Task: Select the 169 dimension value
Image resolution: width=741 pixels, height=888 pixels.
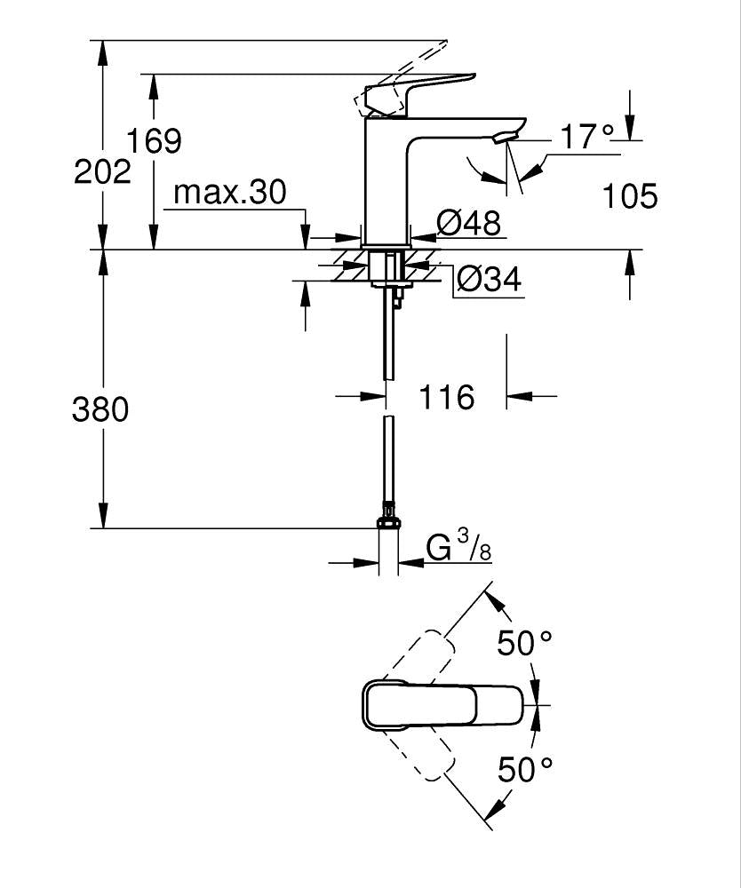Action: click(152, 140)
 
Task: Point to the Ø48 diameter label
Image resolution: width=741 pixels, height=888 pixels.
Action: click(470, 222)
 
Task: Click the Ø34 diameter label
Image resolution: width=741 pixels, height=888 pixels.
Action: click(488, 280)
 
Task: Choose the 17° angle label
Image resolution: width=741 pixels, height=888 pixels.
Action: click(586, 137)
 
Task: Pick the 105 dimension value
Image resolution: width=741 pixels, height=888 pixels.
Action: click(630, 195)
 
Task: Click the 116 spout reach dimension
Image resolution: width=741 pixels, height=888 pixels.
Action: click(446, 397)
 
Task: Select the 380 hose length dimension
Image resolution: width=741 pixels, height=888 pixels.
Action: click(100, 409)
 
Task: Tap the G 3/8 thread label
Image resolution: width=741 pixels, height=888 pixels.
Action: click(458, 546)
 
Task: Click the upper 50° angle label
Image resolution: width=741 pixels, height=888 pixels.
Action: click(524, 642)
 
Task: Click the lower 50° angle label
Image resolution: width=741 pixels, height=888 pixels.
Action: click(524, 769)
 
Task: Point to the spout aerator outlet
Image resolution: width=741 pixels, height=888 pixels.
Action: click(504, 136)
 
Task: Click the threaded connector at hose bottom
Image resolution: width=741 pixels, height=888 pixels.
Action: click(388, 516)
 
